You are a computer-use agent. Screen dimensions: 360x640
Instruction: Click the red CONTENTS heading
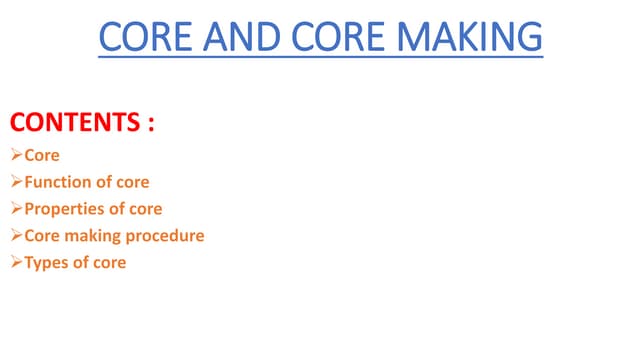pyautogui.click(x=72, y=124)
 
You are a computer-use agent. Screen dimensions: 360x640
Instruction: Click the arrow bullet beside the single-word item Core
pyautogui.click(x=16, y=156)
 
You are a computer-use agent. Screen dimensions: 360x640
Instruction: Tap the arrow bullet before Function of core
pyautogui.click(x=16, y=183)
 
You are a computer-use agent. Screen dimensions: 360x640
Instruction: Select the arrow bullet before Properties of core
pyautogui.click(x=16, y=210)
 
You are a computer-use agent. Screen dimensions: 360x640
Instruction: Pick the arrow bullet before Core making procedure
pyautogui.click(x=16, y=237)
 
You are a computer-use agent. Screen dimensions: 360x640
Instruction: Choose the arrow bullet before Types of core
pyautogui.click(x=16, y=264)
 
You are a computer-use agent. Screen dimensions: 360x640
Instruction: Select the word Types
pyautogui.click(x=46, y=264)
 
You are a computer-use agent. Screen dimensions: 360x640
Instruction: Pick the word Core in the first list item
pyautogui.click(x=42, y=156)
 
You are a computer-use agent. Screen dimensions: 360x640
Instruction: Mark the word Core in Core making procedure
pyautogui.click(x=42, y=237)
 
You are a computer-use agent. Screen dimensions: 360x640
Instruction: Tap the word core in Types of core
pyautogui.click(x=108, y=264)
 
